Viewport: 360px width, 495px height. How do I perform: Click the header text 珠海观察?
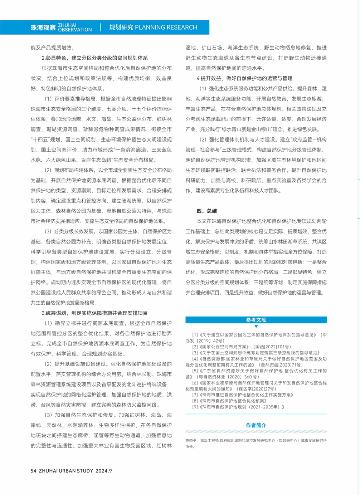click(x=43, y=28)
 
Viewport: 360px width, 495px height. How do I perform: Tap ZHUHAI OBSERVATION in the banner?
click(x=75, y=28)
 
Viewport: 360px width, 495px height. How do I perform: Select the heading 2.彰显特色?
click(x=94, y=58)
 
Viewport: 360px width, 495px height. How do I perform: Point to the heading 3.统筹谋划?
click(x=94, y=313)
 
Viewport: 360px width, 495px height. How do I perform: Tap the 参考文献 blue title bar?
click(x=256, y=320)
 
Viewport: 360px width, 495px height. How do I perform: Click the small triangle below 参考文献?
click(x=256, y=326)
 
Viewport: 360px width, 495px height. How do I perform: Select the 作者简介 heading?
click(x=256, y=425)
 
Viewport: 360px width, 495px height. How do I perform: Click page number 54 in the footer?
click(x=33, y=471)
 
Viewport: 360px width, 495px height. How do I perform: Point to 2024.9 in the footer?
click(x=103, y=471)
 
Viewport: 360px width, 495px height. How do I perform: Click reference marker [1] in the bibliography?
click(x=195, y=335)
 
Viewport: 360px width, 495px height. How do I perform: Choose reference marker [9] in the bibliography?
click(x=195, y=407)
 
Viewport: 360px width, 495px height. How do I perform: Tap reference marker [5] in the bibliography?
click(x=195, y=371)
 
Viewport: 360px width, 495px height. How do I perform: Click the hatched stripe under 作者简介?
click(x=256, y=432)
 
